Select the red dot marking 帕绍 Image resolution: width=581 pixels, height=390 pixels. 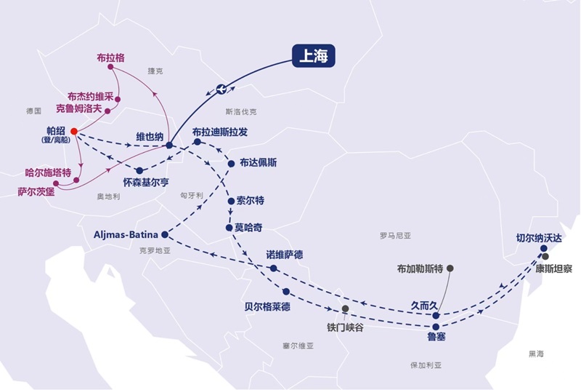coord(73,132)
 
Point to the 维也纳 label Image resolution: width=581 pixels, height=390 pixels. coord(150,136)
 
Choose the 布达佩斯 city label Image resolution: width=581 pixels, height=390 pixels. coord(258,162)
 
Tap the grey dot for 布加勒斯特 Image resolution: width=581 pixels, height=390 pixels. coord(450,268)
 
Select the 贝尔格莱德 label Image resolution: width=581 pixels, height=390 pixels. coord(267,306)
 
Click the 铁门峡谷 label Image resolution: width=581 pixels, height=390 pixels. coord(344,327)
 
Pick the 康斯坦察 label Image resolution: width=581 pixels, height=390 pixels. coord(553,268)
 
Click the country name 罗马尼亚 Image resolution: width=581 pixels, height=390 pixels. coord(395,235)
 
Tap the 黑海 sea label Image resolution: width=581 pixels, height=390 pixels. coord(536,353)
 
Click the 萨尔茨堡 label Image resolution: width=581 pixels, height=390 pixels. coord(37,192)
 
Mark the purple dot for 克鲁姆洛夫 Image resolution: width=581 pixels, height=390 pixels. coord(107,111)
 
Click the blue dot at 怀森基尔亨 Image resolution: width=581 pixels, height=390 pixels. coord(139,170)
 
